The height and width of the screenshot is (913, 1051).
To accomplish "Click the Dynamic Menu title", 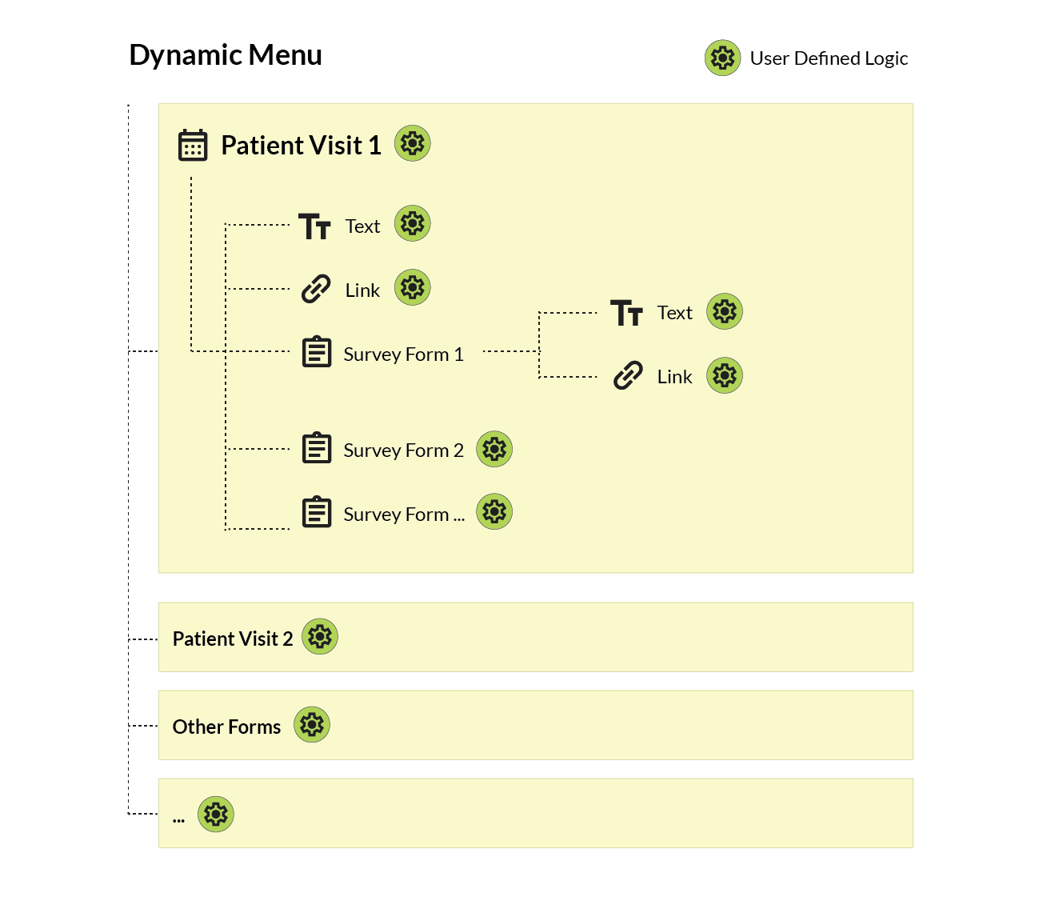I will click(x=226, y=55).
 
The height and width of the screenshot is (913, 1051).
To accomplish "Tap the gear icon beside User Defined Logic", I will click(x=722, y=58).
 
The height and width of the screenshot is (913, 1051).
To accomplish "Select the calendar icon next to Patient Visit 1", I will click(x=193, y=145).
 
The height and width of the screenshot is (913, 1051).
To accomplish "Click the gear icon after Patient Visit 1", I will click(x=413, y=143).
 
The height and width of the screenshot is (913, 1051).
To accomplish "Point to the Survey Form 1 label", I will click(x=403, y=354).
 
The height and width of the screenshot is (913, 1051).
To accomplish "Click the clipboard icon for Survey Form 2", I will click(x=317, y=448).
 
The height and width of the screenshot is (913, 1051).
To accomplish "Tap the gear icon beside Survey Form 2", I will click(x=494, y=449).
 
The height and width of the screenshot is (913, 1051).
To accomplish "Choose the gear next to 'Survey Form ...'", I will click(x=494, y=511).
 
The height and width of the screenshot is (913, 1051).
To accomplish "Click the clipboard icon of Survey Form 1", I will click(x=317, y=352).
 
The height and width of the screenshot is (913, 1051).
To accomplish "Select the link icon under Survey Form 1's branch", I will click(x=628, y=375).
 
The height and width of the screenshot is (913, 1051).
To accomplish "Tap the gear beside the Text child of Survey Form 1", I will click(x=725, y=311).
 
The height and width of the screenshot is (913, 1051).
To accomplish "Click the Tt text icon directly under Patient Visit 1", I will click(x=314, y=226).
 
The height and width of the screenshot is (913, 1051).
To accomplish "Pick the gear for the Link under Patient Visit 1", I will click(x=413, y=287).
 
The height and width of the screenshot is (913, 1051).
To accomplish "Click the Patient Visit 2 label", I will click(x=233, y=639).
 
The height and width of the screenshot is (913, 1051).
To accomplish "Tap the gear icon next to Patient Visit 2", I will click(x=320, y=637).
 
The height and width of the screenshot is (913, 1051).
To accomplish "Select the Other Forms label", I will click(x=226, y=727).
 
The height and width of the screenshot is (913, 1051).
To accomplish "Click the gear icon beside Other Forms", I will click(x=312, y=725).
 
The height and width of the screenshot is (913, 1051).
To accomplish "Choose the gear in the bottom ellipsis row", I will click(x=216, y=815).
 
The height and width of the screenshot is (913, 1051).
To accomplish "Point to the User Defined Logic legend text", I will click(x=829, y=58).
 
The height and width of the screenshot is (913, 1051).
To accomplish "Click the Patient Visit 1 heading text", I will click(x=301, y=146).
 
